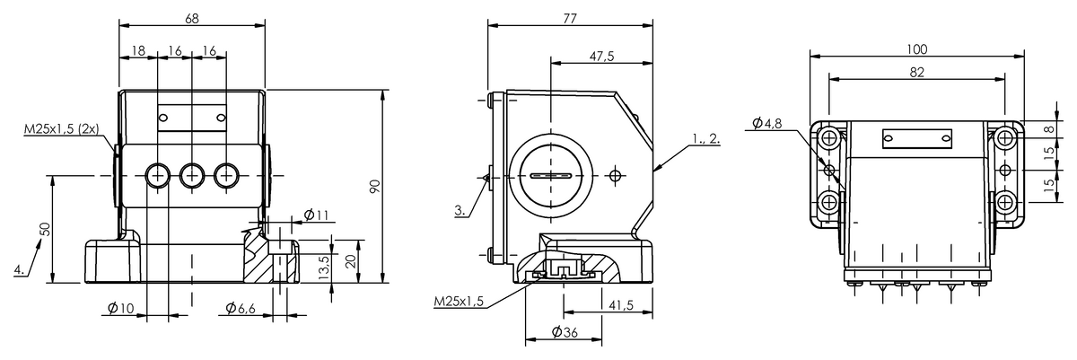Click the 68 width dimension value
click(x=192, y=18)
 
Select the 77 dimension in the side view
click(x=570, y=18)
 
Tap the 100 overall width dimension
click(x=917, y=49)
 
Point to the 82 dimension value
click(x=917, y=72)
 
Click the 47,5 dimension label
click(x=602, y=57)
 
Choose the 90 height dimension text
click(x=375, y=186)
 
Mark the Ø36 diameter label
click(x=565, y=331)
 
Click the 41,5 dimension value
click(x=621, y=304)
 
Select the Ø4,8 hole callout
click(x=766, y=123)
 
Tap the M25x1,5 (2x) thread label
click(x=62, y=128)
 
